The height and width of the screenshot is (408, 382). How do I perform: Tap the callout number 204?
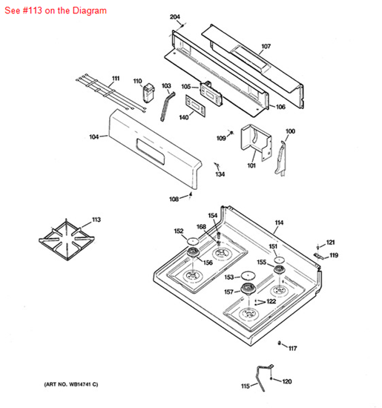pyautogui.click(x=175, y=16)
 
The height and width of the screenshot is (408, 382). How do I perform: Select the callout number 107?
pyautogui.click(x=266, y=46)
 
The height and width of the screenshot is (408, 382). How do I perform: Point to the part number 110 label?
pyautogui.click(x=138, y=81)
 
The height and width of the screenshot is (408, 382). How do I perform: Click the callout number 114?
pyautogui.click(x=279, y=223)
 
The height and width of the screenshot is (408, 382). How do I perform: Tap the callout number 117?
pyautogui.click(x=292, y=348)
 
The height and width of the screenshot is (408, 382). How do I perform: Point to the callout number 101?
pyautogui.click(x=251, y=165)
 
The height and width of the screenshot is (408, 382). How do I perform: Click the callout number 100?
pyautogui.click(x=290, y=131)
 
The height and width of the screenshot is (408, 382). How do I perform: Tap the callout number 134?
pyautogui.click(x=220, y=174)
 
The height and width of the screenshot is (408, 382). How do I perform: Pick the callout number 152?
pyautogui.click(x=179, y=231)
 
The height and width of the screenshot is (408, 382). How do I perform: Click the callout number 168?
pyautogui.click(x=201, y=227)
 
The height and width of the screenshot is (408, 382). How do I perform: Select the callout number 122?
pyautogui.click(x=271, y=301)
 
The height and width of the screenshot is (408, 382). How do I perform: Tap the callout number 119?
pyautogui.click(x=334, y=255)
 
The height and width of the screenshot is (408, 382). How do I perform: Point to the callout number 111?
pyautogui.click(x=115, y=78)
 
